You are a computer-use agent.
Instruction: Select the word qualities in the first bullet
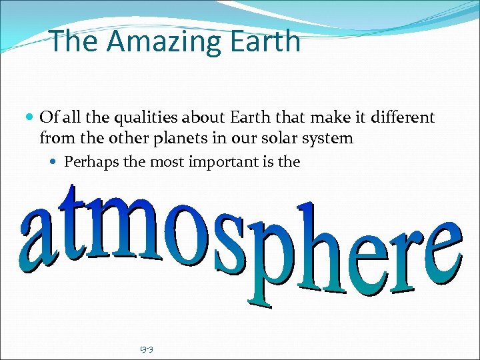tap(147, 118)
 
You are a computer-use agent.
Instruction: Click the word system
tap(326, 139)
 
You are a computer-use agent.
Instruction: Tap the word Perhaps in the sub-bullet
tap(90, 162)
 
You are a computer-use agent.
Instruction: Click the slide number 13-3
tap(147, 349)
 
